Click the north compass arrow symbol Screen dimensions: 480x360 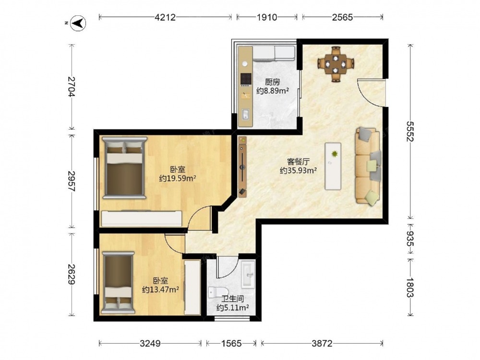pos(78,23)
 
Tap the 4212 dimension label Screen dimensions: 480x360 pos(165,17)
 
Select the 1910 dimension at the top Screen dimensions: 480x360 pos(266,17)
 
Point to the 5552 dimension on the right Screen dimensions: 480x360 pos(410,132)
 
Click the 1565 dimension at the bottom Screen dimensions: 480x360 pos(231,344)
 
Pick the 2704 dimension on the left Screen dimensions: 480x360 pos(72,86)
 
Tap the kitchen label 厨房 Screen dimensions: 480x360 pos(273,82)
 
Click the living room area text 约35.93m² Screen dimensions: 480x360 pos(298,170)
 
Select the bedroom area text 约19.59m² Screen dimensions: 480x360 pos(178,178)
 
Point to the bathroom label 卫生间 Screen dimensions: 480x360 pos(233,299)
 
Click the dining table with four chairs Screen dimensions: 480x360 pos(336,64)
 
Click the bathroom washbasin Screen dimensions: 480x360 pos(248,274)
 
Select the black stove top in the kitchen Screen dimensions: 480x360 pos(246,79)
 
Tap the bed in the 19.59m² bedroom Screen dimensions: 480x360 pos(125,168)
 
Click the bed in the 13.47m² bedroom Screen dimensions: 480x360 pos(118,283)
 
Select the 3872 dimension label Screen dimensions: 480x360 pos(322,344)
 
